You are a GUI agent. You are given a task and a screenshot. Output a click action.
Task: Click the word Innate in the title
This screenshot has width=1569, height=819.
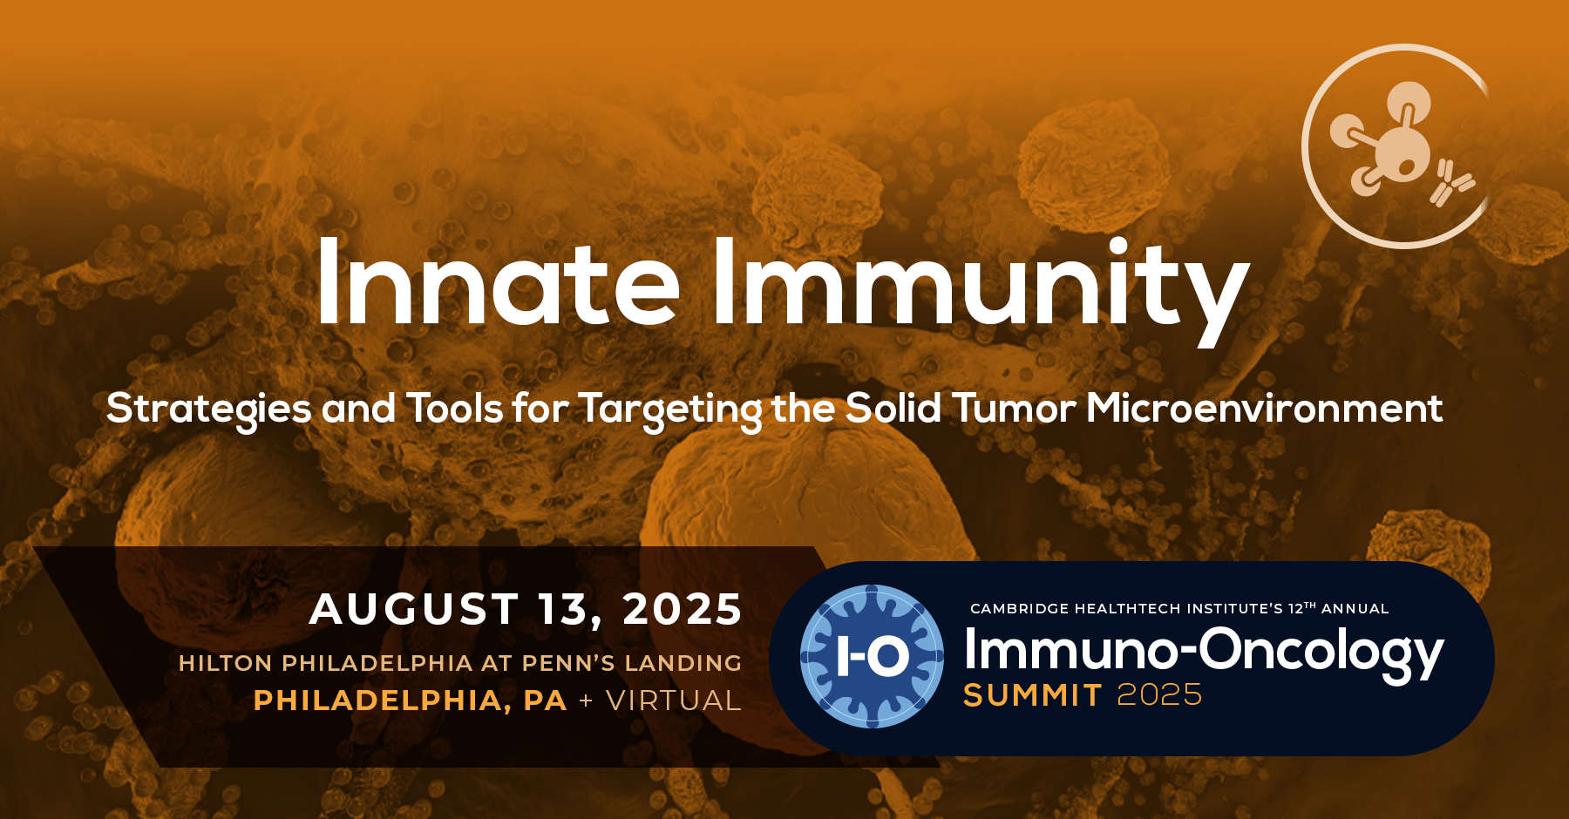point(498,284)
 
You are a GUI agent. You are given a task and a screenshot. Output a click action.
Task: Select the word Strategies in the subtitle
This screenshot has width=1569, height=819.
point(208,409)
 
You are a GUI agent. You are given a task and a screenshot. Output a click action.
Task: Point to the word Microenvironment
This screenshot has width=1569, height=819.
point(1264,409)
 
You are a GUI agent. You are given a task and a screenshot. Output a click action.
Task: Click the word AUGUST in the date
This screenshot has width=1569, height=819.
point(415,608)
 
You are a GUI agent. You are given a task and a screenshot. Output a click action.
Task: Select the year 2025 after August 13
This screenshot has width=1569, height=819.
point(683,608)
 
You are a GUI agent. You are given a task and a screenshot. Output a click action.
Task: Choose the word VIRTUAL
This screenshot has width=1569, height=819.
point(673,701)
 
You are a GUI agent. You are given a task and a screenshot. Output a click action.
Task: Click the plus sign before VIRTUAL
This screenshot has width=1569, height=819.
point(586,701)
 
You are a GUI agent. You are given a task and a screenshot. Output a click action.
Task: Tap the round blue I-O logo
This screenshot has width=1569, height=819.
point(872,656)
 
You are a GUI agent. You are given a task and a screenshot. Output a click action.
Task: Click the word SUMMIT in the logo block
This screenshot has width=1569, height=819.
point(1033,695)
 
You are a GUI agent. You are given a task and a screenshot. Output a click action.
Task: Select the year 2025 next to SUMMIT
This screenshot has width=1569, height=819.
point(1159,695)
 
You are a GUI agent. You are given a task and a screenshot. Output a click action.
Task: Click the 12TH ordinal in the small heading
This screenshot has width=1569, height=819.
point(1301,608)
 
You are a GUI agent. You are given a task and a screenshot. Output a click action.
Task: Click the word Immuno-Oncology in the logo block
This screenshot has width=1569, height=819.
point(1203,652)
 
